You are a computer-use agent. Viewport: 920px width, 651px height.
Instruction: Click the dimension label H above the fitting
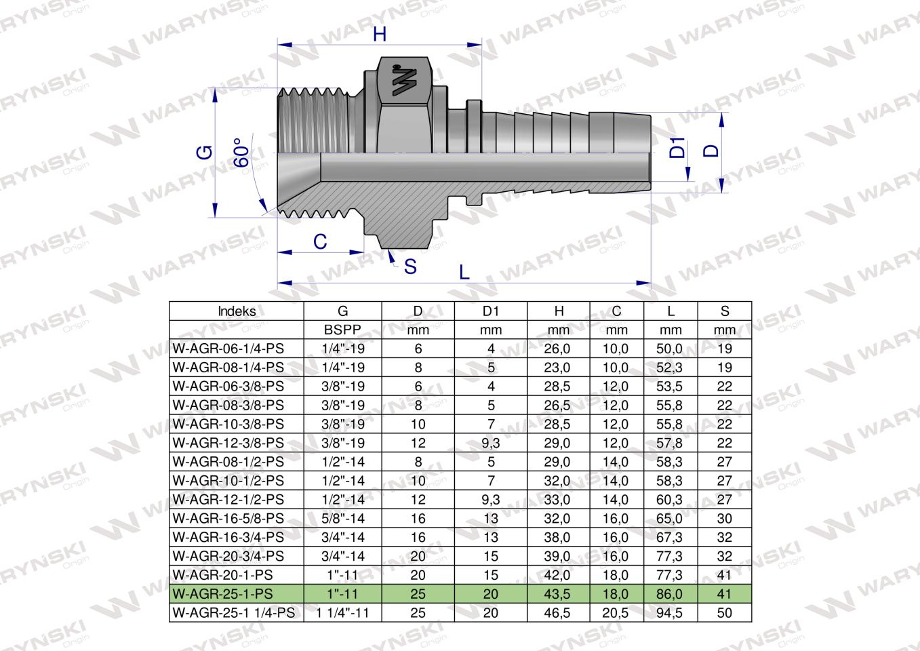(380, 35)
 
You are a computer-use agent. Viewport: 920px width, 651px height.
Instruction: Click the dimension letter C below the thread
(320, 241)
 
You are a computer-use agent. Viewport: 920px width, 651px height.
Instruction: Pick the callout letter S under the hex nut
(410, 267)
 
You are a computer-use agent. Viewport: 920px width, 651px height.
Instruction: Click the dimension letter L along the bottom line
(464, 271)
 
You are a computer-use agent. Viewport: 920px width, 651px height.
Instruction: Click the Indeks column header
(237, 311)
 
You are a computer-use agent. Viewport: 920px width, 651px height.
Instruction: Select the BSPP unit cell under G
(343, 330)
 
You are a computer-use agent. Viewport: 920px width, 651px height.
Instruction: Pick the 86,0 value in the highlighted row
(671, 594)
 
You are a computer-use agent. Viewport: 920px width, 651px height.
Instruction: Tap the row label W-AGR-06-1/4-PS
(228, 349)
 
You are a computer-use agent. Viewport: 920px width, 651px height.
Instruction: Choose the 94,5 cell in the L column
(671, 613)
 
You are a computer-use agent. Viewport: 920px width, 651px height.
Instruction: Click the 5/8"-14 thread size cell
(343, 519)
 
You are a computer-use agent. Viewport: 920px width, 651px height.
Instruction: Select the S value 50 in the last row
(725, 613)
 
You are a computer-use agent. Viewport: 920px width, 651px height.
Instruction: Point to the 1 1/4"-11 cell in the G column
(343, 613)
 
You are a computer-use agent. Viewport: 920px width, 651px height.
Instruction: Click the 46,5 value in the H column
(559, 613)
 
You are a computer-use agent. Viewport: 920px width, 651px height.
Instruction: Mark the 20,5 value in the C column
(616, 613)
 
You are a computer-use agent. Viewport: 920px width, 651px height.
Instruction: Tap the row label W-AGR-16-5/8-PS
(228, 519)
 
